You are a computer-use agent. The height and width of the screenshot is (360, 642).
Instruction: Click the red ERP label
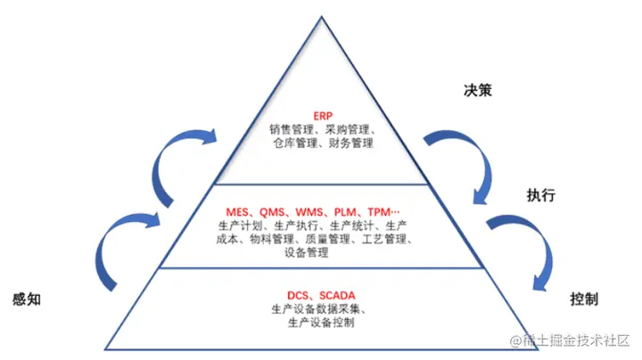321,116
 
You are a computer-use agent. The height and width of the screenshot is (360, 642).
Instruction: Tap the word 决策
478,91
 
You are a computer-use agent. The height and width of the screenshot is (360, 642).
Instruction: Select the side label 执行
541,194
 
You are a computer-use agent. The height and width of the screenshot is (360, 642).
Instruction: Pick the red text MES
238,211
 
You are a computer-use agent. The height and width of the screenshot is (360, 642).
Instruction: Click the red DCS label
300,294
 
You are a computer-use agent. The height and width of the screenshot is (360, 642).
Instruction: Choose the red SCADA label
339,294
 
